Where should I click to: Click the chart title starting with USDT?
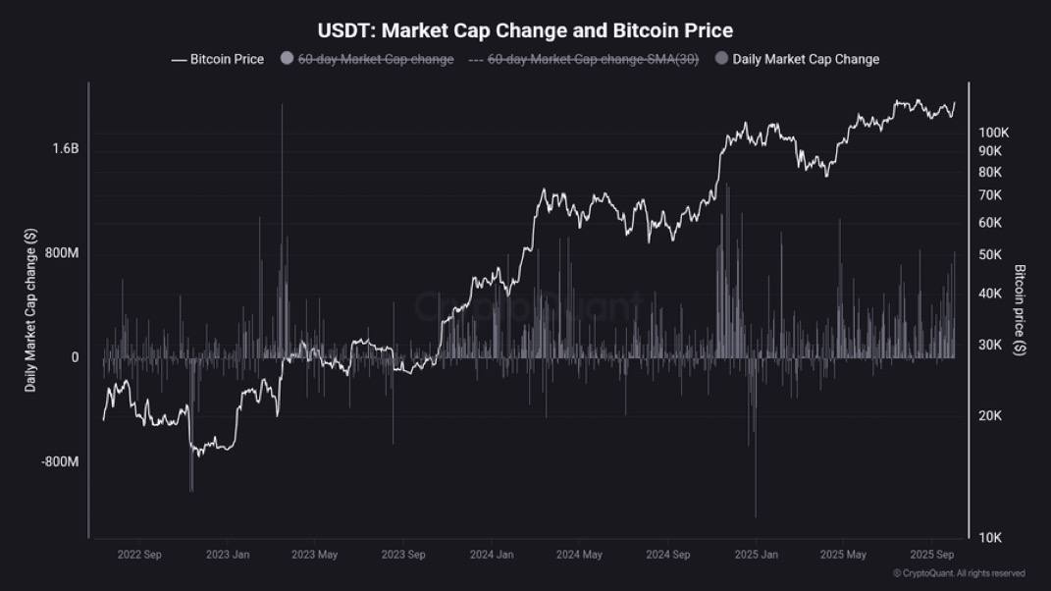(525, 31)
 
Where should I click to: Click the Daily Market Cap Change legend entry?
(805, 59)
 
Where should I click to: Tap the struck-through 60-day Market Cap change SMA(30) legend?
(593, 59)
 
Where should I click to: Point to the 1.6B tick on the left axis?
(66, 149)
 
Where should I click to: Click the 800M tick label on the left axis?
(61, 253)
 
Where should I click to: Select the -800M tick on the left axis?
(59, 461)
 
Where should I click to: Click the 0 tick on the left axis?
(75, 357)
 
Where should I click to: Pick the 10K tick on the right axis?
(989, 537)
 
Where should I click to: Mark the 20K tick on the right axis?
(989, 415)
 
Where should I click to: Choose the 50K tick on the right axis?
(989, 254)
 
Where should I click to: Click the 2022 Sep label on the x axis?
(139, 555)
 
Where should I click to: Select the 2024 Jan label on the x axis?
(492, 555)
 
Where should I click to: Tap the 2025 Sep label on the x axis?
(932, 555)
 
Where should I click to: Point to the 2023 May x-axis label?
(314, 555)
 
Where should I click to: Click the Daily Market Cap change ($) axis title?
(31, 310)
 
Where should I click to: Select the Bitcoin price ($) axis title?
(1021, 310)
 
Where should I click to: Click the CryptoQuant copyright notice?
(959, 573)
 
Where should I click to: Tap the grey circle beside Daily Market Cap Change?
(721, 59)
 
